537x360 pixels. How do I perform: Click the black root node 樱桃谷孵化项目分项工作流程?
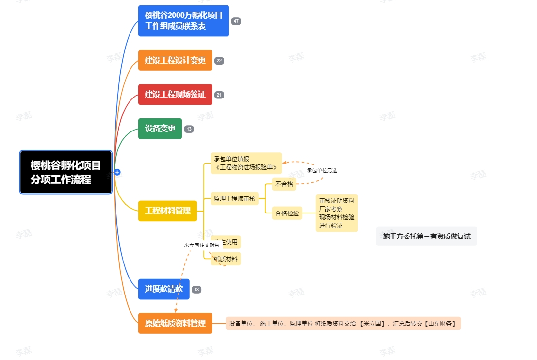pos(66,172)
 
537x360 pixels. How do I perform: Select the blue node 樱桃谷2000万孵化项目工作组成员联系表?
pos(183,21)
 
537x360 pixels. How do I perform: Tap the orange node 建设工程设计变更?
pos(175,61)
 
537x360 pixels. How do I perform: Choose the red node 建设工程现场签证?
pos(175,95)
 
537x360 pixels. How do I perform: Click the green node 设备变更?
pos(160,129)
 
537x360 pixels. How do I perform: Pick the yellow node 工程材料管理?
pos(168,211)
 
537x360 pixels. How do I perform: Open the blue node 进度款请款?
pos(164,289)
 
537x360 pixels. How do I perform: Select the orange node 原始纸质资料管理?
pos(175,323)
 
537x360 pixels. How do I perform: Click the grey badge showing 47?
pos(236,21)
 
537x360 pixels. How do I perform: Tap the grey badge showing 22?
pos(219,61)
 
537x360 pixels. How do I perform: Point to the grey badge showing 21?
pos(219,95)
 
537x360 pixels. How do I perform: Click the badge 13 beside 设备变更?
pos(189,129)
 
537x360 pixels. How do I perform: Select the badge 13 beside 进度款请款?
pos(196,290)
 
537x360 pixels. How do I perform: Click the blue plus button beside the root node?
pos(117,172)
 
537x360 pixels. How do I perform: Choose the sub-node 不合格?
pos(284,184)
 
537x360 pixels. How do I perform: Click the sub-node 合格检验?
pos(287,213)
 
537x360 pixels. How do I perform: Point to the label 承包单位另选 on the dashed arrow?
pos(322,171)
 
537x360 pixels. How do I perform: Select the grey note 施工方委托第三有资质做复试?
pos(426,236)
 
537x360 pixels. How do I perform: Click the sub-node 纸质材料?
pos(227,259)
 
